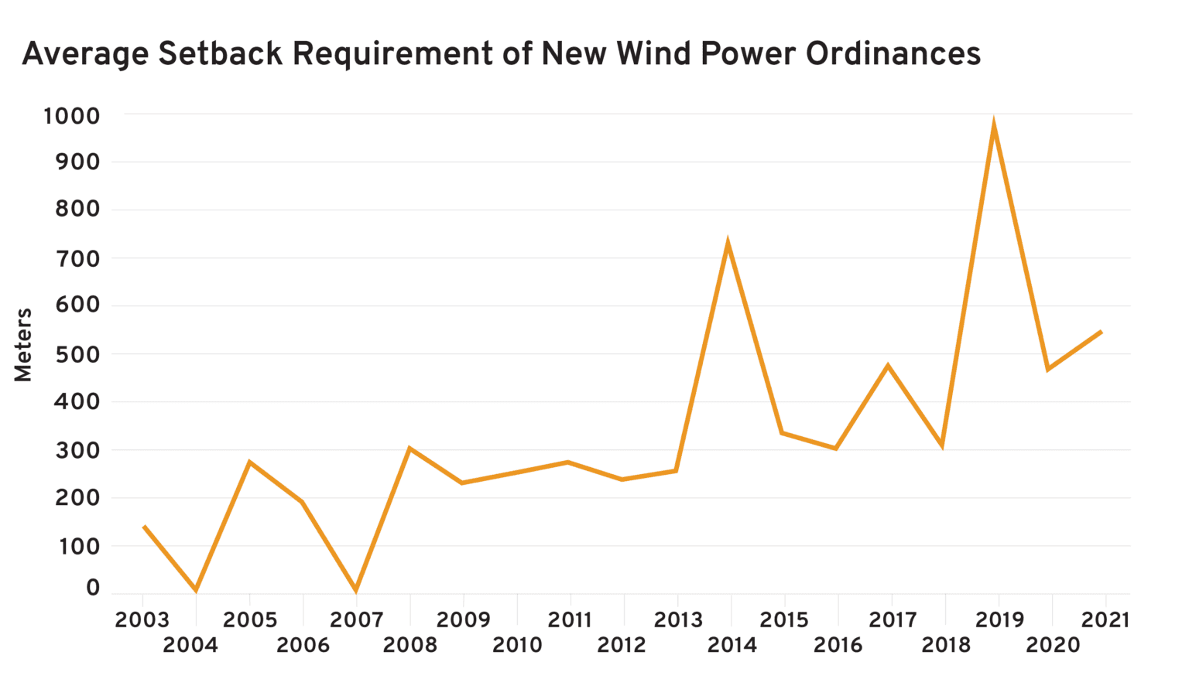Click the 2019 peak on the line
pyautogui.click(x=993, y=124)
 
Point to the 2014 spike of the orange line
pyautogui.click(x=728, y=244)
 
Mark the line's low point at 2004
pyautogui.click(x=196, y=590)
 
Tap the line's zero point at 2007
pyautogui.click(x=356, y=590)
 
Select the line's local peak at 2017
pyautogui.click(x=888, y=366)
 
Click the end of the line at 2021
pyautogui.click(x=1102, y=332)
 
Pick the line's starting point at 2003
pyautogui.click(x=144, y=527)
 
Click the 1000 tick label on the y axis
pyautogui.click(x=72, y=116)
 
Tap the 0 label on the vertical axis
pyautogui.click(x=93, y=588)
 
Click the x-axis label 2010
pyautogui.click(x=517, y=645)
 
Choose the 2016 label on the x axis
pyautogui.click(x=838, y=645)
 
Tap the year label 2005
pyautogui.click(x=249, y=619)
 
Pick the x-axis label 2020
pyautogui.click(x=1053, y=645)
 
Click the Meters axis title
pyautogui.click(x=23, y=345)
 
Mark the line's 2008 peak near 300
pyautogui.click(x=409, y=449)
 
